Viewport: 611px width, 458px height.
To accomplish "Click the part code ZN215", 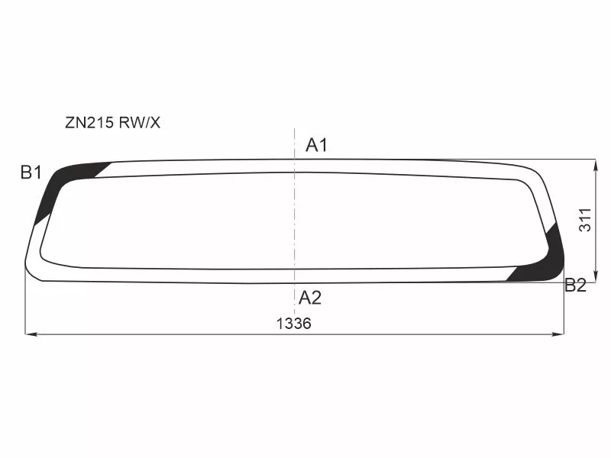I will (x=88, y=122).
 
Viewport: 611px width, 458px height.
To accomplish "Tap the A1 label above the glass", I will (x=316, y=145).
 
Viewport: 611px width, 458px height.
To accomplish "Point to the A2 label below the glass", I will (x=310, y=298).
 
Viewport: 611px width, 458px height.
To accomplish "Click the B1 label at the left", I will (x=31, y=173).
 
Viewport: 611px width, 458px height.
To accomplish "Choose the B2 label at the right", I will (x=575, y=286).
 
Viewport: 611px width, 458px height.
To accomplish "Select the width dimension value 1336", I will (x=294, y=323).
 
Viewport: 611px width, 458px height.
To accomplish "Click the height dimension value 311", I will (x=585, y=221).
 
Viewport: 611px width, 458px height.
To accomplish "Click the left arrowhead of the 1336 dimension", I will (x=31, y=334).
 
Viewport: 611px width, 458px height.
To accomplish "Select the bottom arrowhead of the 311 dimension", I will (x=595, y=277).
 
